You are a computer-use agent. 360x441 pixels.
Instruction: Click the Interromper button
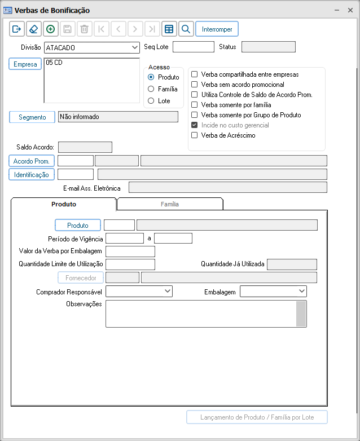217,29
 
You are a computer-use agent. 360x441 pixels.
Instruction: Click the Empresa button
25,64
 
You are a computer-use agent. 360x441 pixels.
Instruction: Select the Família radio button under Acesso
151,89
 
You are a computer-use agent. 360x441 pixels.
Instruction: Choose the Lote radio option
151,101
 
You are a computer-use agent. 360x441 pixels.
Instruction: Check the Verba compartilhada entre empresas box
195,74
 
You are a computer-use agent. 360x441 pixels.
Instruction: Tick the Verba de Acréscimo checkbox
195,135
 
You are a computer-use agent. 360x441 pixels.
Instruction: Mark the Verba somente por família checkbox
195,105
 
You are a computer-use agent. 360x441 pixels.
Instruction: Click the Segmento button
32,117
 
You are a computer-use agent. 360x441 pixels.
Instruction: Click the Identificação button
32,175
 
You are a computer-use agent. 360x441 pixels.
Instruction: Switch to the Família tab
170,204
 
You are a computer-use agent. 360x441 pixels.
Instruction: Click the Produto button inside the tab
77,226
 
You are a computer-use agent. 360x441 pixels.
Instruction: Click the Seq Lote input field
193,47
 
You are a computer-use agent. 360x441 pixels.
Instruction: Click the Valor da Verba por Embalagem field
130,252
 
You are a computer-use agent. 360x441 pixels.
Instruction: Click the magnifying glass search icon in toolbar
186,29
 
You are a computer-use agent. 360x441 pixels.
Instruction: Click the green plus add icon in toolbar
51,29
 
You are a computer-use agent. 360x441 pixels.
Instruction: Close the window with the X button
350,10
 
